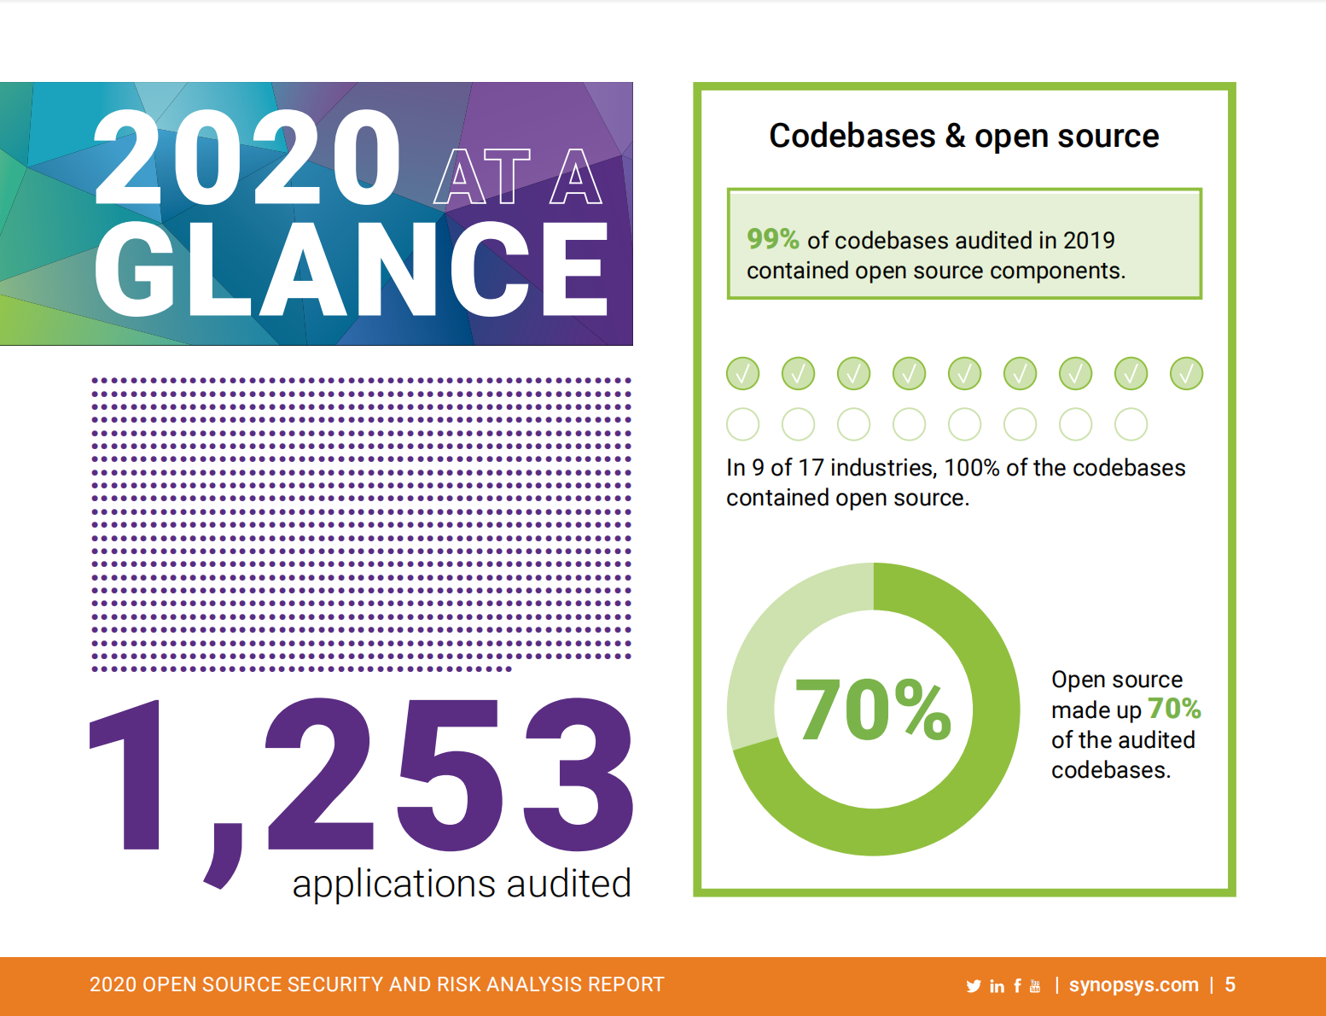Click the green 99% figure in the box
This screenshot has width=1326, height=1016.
point(772,239)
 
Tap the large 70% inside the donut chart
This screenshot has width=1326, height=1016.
point(873,709)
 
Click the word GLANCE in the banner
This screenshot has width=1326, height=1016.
point(351,270)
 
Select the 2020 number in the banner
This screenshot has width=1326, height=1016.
point(247,159)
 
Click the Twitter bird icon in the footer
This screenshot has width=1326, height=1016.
point(974,986)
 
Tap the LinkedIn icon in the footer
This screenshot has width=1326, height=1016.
point(997,986)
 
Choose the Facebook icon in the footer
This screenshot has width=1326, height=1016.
point(1017,986)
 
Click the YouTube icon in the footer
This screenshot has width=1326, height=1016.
point(1035,986)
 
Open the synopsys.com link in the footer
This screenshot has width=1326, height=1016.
point(1133,985)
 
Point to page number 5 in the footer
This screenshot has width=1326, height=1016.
point(1230,985)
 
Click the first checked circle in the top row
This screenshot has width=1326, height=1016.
point(742,373)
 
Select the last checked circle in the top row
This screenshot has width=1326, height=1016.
point(1186,373)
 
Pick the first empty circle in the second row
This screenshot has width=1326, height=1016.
point(742,423)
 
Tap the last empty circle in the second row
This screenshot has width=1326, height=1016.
point(1131,423)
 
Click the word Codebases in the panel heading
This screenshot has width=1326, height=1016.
point(852,137)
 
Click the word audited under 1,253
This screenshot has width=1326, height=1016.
point(568,884)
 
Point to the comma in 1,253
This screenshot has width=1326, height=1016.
point(224,854)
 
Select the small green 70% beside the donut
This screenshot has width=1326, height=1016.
point(1174,709)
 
